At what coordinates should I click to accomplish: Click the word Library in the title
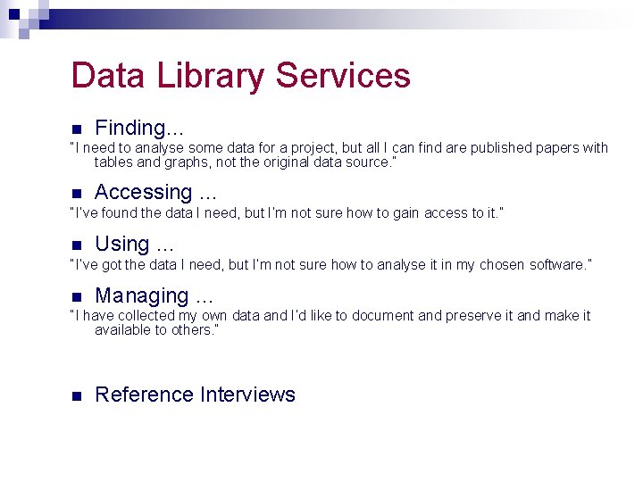coord(211,76)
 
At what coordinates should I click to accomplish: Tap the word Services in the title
coord(343,76)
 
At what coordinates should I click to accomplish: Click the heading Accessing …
coord(155,192)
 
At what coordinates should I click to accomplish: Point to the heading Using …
coord(134,244)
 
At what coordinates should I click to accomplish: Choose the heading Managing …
coord(154,295)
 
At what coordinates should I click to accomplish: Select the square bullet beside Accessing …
coord(77,193)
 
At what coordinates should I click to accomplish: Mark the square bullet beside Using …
coord(77,245)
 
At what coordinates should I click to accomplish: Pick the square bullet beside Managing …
coord(77,296)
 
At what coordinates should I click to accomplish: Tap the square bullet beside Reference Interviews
coord(77,395)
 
